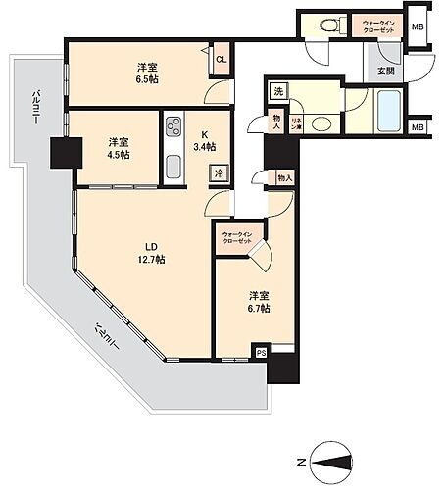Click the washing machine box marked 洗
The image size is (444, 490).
coord(278,92)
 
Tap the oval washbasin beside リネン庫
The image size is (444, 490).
coord(321,124)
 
